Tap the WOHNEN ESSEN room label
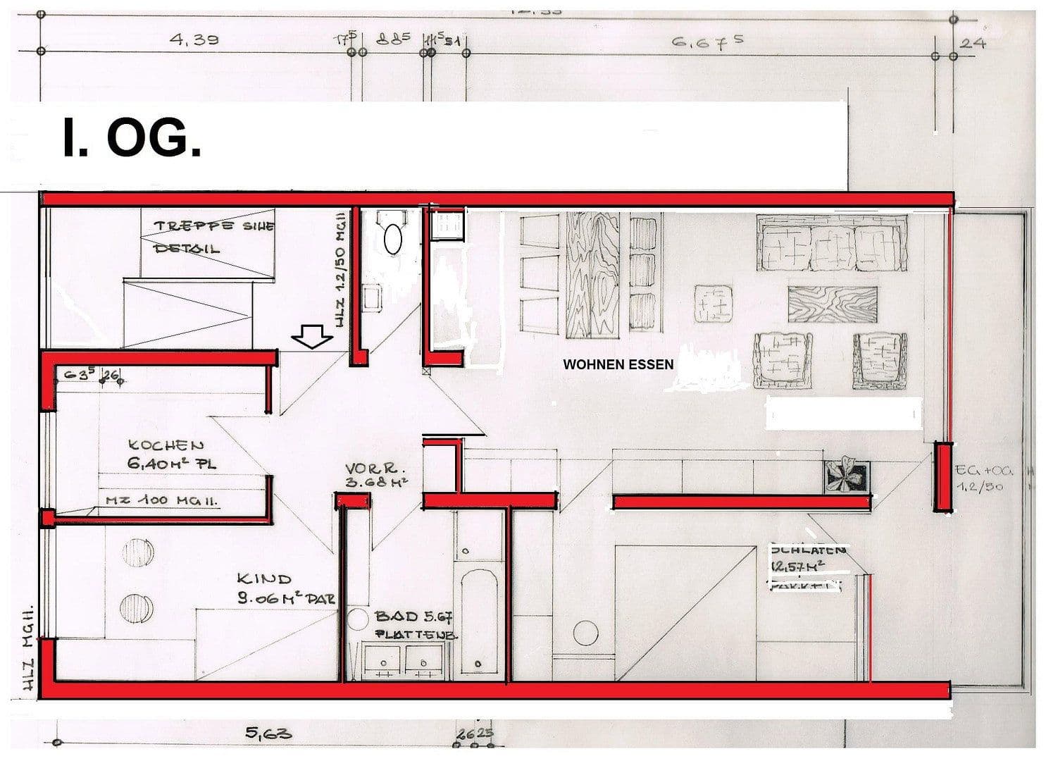[618, 364]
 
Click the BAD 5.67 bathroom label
[414, 624]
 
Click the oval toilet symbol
[392, 239]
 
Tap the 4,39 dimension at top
[194, 39]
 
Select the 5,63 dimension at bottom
[268, 734]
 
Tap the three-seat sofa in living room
[831, 244]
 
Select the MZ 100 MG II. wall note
[162, 500]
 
